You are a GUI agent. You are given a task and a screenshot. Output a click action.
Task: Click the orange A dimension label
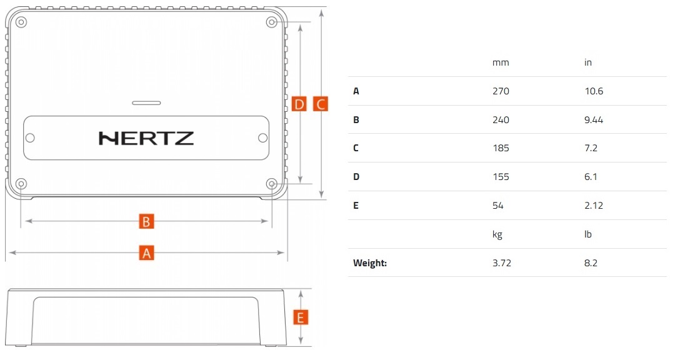pyautogui.click(x=146, y=253)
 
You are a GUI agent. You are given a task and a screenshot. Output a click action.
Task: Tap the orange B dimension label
pyautogui.click(x=146, y=221)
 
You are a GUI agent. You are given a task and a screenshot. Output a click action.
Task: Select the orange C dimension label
pyautogui.click(x=320, y=104)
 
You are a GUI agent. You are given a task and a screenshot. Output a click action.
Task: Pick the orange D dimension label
pyautogui.click(x=299, y=104)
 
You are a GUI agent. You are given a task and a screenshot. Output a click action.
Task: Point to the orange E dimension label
pyautogui.click(x=301, y=317)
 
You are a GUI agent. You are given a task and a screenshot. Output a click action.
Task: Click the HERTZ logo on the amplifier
pyautogui.click(x=146, y=138)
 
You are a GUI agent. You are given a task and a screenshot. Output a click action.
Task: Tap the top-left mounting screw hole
pyautogui.click(x=21, y=22)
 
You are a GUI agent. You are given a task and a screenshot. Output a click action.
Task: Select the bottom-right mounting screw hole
pyautogui.click(x=272, y=184)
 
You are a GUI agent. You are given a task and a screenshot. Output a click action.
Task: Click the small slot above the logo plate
pyautogui.click(x=146, y=102)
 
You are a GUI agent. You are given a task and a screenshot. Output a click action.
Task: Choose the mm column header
pyautogui.click(x=501, y=62)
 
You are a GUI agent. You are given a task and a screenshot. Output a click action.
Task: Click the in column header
pyautogui.click(x=587, y=62)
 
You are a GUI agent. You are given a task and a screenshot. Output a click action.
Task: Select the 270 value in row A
pyautogui.click(x=501, y=91)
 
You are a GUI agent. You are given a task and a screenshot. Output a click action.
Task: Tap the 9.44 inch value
pyautogui.click(x=593, y=120)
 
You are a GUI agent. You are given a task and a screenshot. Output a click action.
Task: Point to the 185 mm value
pyautogui.click(x=501, y=148)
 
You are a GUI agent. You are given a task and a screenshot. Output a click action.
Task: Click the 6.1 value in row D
pyautogui.click(x=591, y=177)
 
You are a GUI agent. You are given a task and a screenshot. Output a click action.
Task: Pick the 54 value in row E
pyautogui.click(x=498, y=206)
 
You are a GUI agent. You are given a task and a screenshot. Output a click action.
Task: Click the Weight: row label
pyautogui.click(x=370, y=263)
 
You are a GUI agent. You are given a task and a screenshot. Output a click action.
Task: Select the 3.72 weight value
pyautogui.click(x=502, y=263)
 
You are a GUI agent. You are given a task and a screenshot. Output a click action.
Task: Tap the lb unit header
pyautogui.click(x=587, y=234)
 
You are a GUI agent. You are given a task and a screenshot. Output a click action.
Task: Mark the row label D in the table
pyautogui.click(x=356, y=177)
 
